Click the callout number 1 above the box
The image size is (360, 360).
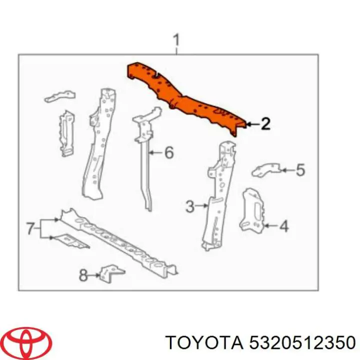click(176, 40)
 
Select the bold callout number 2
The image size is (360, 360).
click(265, 124)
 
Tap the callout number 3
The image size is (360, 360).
click(190, 206)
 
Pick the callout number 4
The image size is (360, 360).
click(284, 226)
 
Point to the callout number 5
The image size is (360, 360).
click(300, 170)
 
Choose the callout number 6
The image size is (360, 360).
click(169, 152)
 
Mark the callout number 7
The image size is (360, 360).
click(31, 228)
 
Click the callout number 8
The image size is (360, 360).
click(83, 275)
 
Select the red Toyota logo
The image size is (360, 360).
click(28, 342)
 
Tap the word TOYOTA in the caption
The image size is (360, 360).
click(204, 343)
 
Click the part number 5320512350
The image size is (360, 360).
click(302, 343)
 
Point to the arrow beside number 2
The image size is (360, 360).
click(253, 124)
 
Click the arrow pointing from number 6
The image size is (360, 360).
click(156, 152)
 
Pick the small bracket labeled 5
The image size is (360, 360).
click(266, 170)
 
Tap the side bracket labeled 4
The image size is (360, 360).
click(252, 210)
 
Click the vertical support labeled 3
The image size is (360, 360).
click(219, 195)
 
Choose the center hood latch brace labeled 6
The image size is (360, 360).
click(146, 156)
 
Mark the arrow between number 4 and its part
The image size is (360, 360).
click(271, 226)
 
